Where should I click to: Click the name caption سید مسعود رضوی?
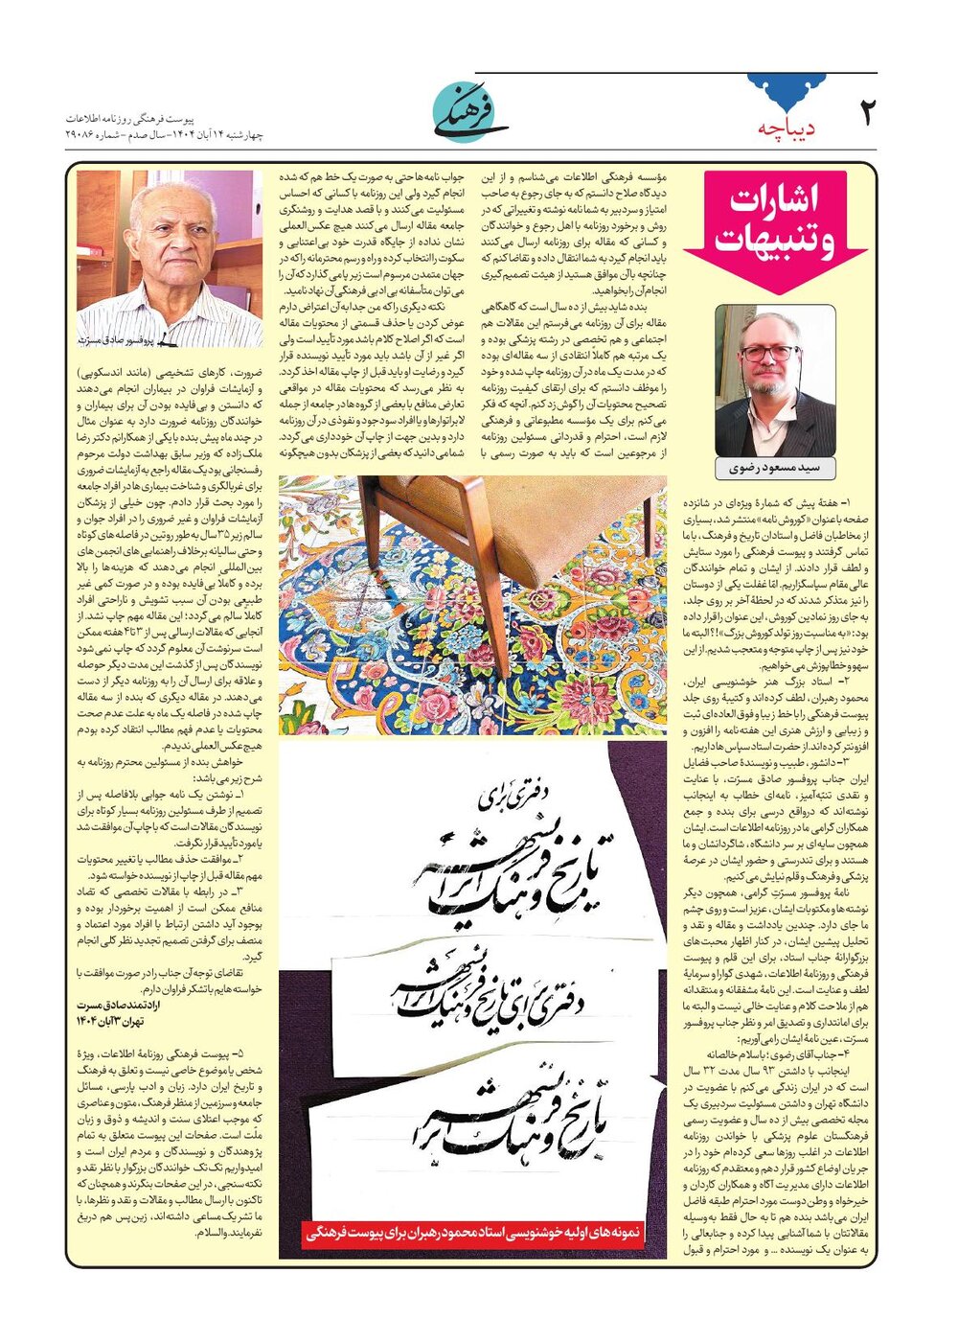[775, 469]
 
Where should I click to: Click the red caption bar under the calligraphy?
[473, 1235]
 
